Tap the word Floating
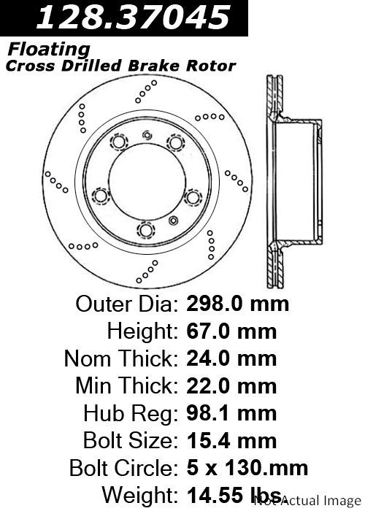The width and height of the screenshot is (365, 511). pos(49,50)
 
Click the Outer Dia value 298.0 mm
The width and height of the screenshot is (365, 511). pos(237,304)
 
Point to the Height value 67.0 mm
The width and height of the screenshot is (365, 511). pos(231,331)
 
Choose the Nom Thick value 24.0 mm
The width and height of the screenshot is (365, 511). pos(231,358)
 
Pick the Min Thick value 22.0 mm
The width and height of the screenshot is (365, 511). pos(231,386)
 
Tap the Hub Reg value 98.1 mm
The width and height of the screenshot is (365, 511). pos(231,413)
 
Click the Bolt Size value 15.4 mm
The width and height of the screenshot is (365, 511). pos(231,441)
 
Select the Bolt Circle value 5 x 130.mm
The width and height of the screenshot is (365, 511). pos(247,468)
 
